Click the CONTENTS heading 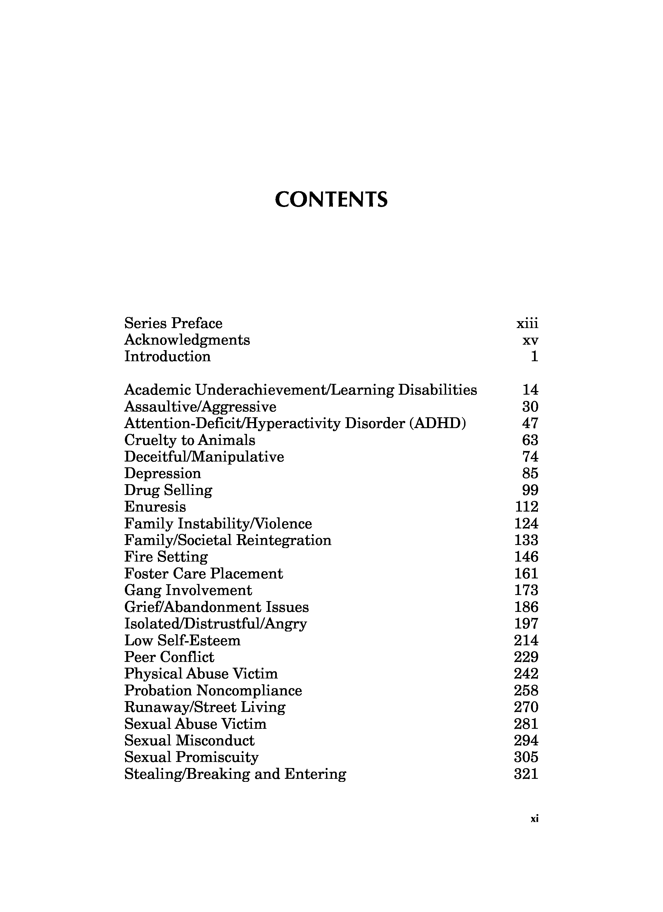(x=331, y=200)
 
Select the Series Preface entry (x=173, y=323)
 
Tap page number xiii (x=527, y=324)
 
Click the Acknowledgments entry (x=187, y=340)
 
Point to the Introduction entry (x=167, y=357)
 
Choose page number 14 (x=530, y=390)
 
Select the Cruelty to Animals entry (x=190, y=440)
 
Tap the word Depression (x=162, y=473)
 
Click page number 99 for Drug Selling (x=530, y=490)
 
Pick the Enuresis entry (x=155, y=507)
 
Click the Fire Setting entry (x=166, y=557)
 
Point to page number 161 (x=526, y=574)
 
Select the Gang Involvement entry (x=188, y=590)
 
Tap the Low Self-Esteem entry (x=182, y=640)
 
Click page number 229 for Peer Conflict (x=526, y=657)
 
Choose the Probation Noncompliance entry (x=213, y=690)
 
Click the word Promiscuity (x=217, y=757)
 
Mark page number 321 (x=526, y=774)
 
